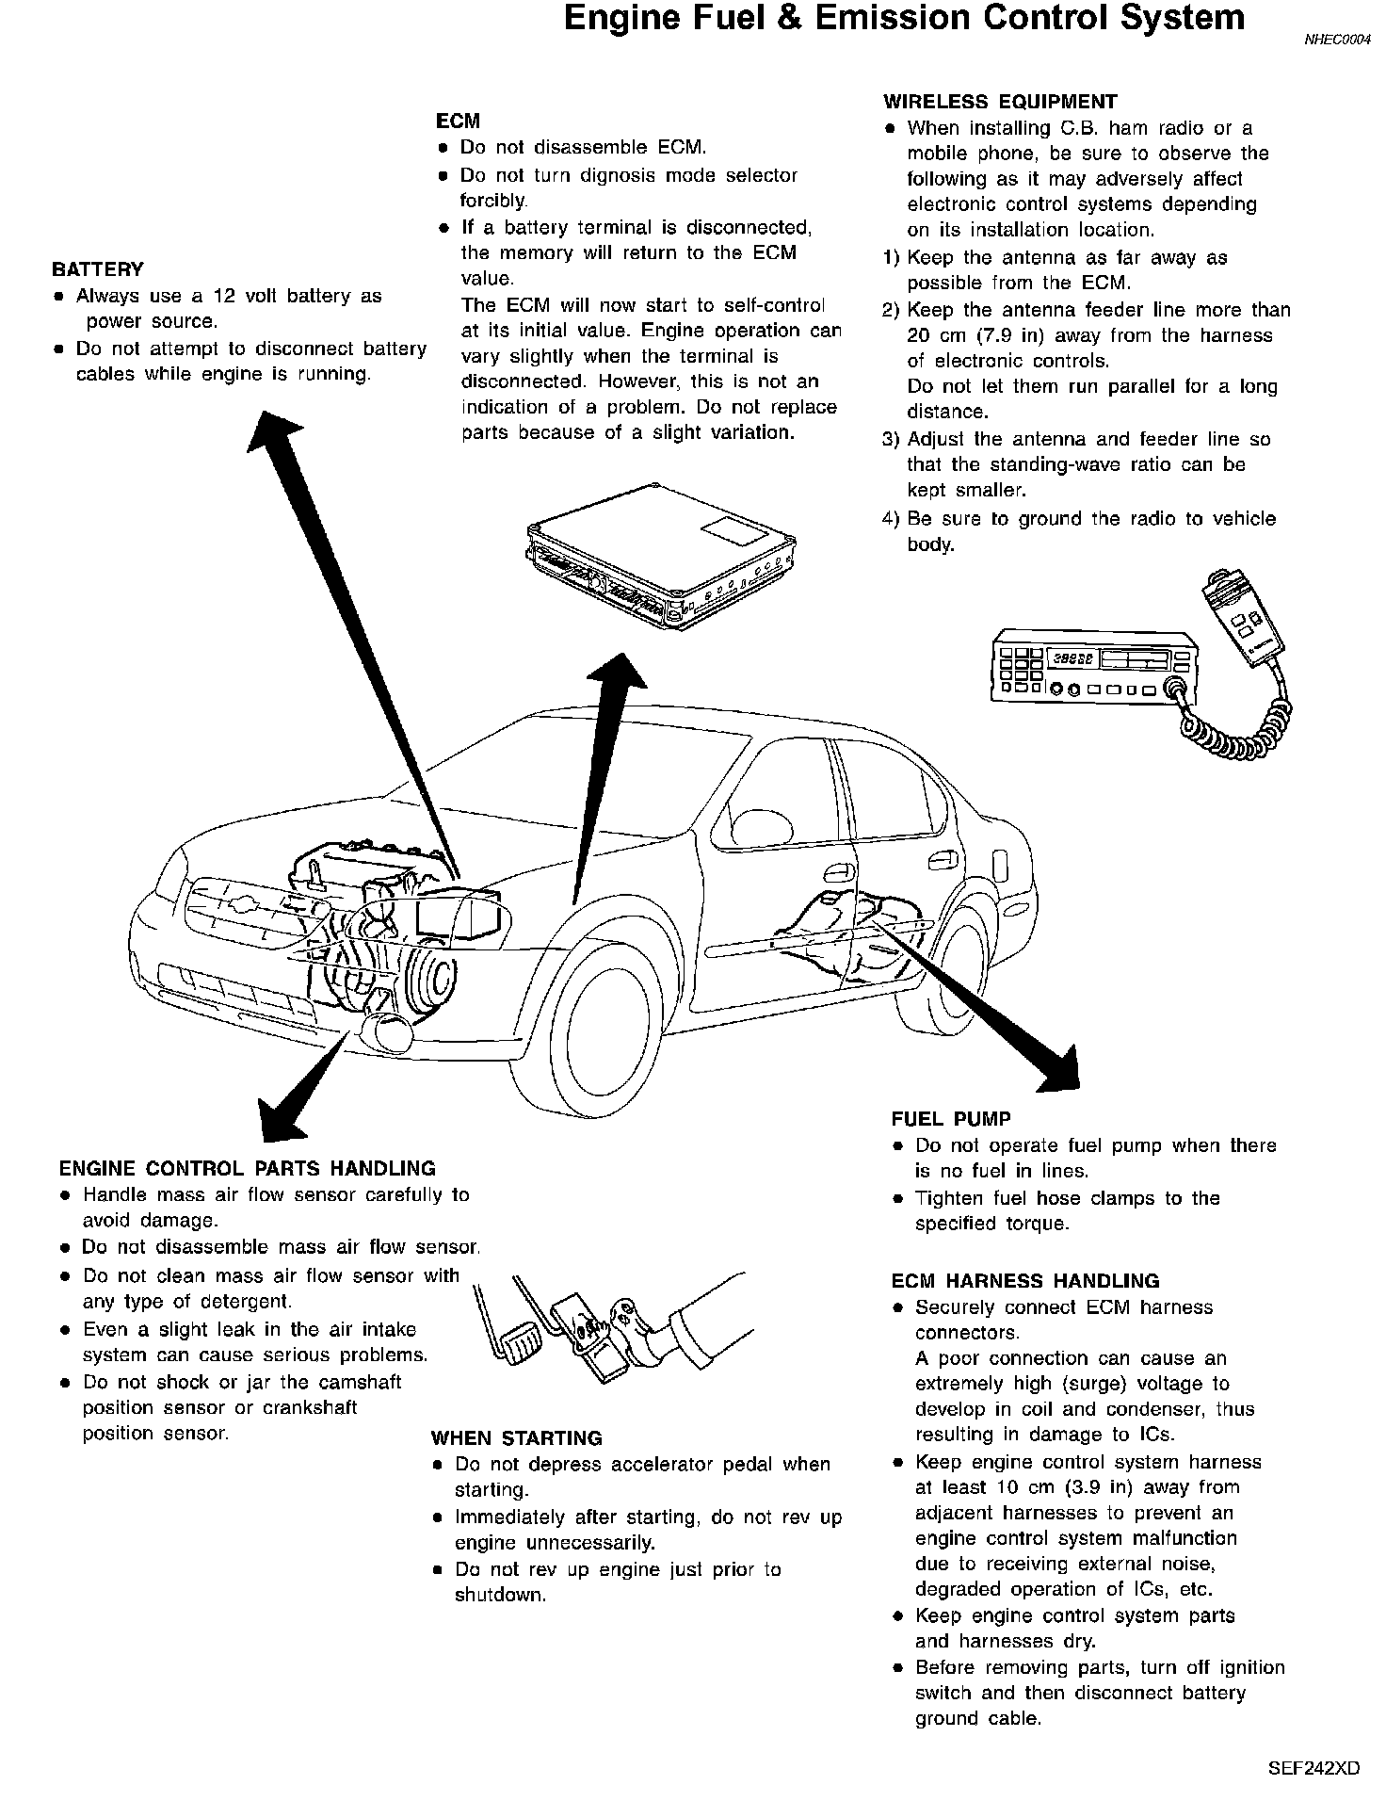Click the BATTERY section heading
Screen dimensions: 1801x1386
[97, 269]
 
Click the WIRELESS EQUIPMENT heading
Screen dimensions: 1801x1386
[999, 102]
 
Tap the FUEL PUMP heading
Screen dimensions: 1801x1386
[951, 1119]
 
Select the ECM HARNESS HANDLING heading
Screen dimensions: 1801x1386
[1025, 1281]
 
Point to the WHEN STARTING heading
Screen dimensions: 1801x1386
[516, 1438]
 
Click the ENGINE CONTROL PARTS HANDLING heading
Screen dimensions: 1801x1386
[247, 1169]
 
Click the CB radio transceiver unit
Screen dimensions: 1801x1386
[1092, 673]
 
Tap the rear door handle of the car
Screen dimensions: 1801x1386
[939, 861]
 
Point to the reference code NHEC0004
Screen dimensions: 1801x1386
[1337, 40]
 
